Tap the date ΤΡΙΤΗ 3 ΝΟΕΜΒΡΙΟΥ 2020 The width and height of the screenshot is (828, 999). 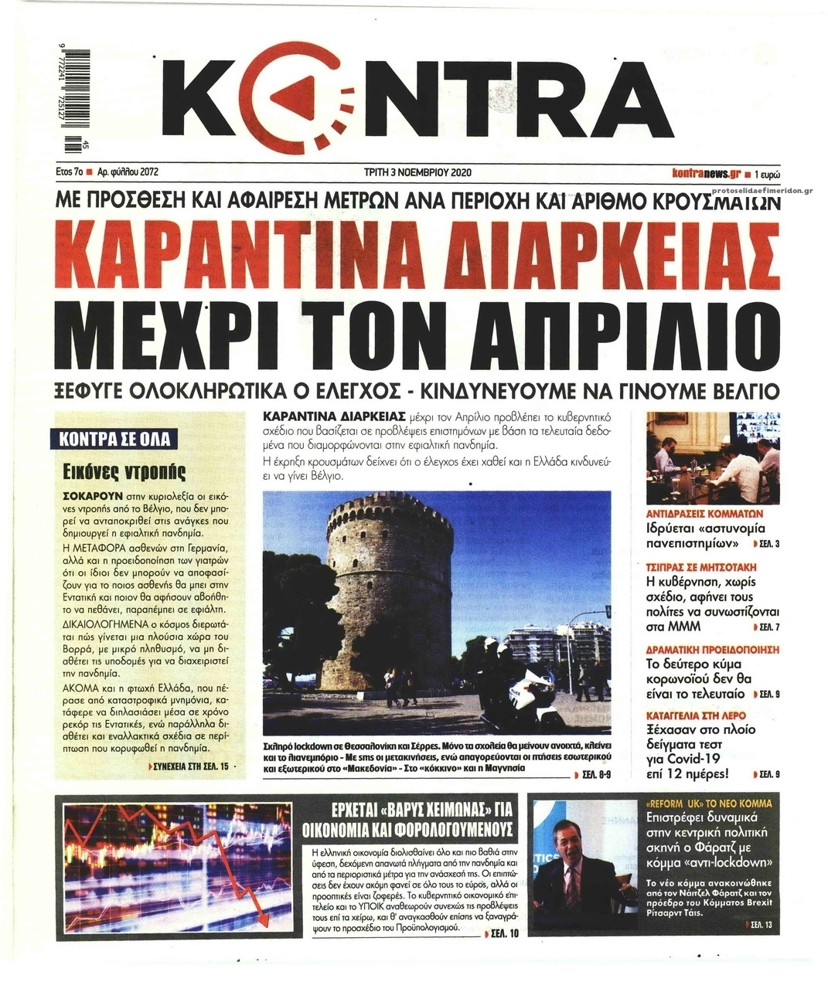[417, 172]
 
